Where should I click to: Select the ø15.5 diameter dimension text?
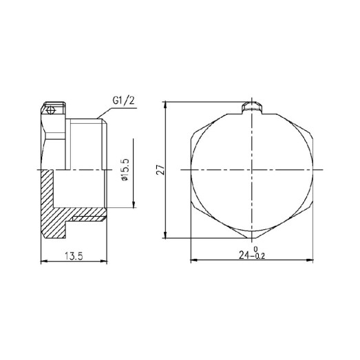pyautogui.click(x=125, y=169)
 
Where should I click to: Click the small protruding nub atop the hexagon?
pyautogui.click(x=253, y=107)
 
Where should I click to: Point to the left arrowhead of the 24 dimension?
pyautogui.click(x=193, y=260)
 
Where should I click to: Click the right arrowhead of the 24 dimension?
pyautogui.click(x=314, y=260)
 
